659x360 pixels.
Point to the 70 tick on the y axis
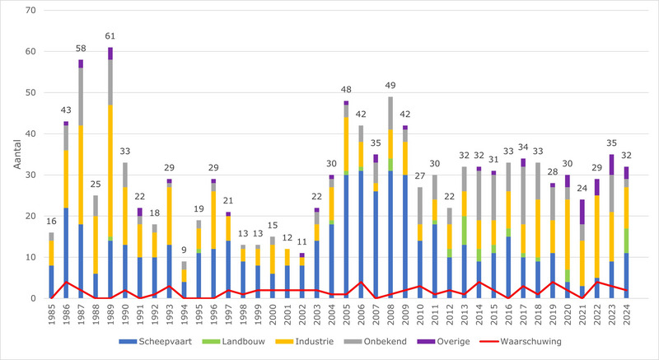click(x=31, y=10)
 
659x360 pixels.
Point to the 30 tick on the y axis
click(x=31, y=175)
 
